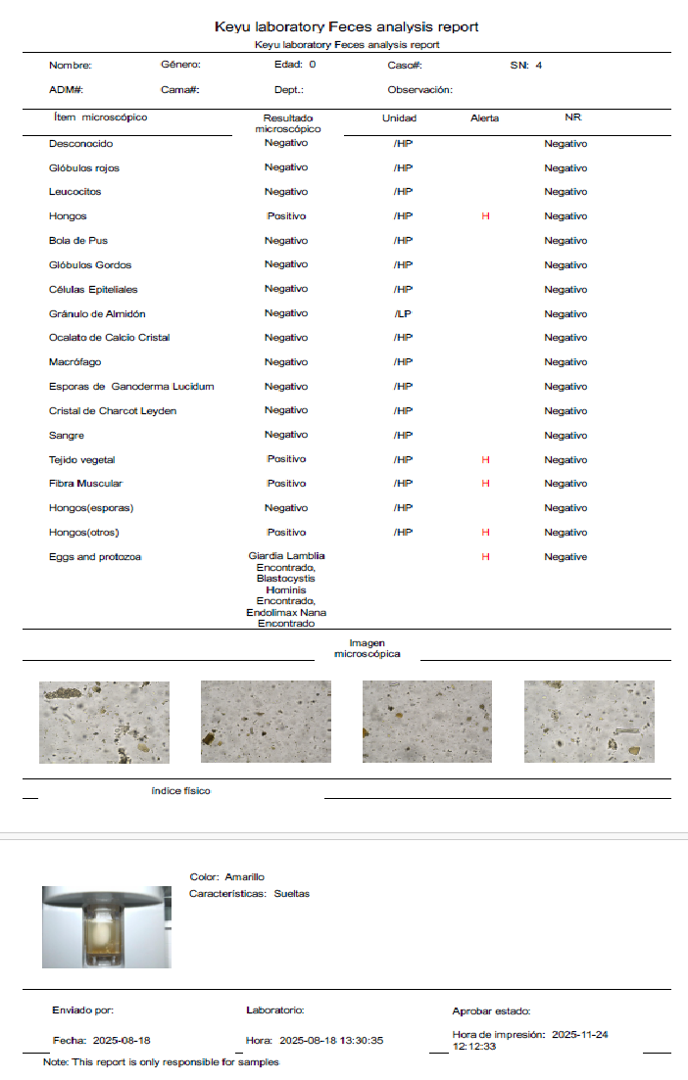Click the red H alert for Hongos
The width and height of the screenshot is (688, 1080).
pyautogui.click(x=485, y=216)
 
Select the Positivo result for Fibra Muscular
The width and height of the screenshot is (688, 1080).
pyautogui.click(x=286, y=484)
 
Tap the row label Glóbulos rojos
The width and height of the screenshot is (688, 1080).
pyautogui.click(x=84, y=167)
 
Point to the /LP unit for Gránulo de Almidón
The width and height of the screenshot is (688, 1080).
pyautogui.click(x=402, y=313)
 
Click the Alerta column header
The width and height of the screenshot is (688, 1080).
pyautogui.click(x=484, y=118)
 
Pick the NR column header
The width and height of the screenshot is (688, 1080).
pyautogui.click(x=573, y=117)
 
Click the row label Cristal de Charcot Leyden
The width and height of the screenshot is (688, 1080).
pyautogui.click(x=113, y=410)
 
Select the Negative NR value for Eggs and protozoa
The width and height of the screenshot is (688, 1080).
pyautogui.click(x=565, y=556)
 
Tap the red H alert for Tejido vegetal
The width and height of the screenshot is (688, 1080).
pyautogui.click(x=485, y=459)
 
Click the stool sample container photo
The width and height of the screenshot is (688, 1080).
pyautogui.click(x=106, y=926)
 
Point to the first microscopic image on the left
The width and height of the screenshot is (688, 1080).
pyautogui.click(x=104, y=723)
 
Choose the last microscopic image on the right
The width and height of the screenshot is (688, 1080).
pyautogui.click(x=589, y=723)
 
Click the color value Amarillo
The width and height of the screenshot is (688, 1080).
pyautogui.click(x=244, y=877)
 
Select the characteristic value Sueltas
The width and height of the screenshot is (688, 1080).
pyautogui.click(x=292, y=894)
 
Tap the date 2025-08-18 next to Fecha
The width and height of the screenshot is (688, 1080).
pyautogui.click(x=123, y=1041)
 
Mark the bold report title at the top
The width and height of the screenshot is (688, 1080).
pyautogui.click(x=347, y=27)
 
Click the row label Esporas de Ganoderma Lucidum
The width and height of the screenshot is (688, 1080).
pyautogui.click(x=131, y=386)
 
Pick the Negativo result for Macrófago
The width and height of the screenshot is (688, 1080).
pyautogui.click(x=286, y=362)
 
